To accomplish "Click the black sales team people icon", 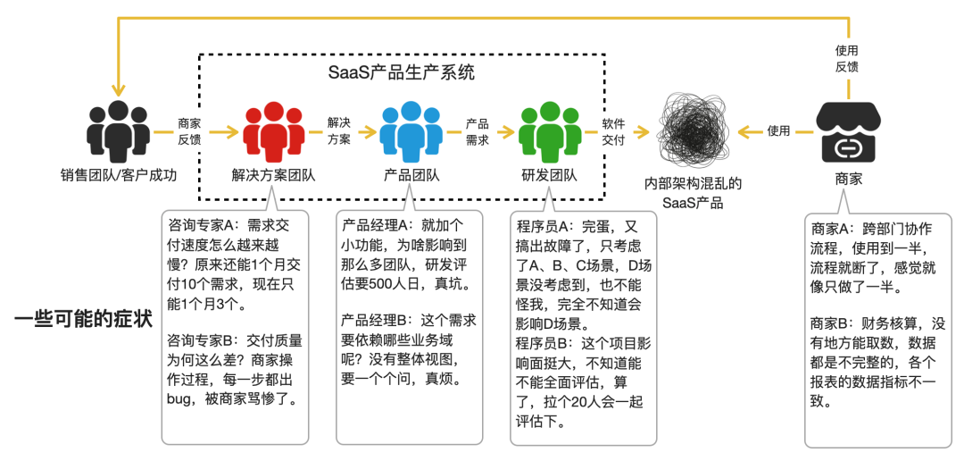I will coord(119,130).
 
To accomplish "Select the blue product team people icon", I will coord(411,130).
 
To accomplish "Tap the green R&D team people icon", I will coord(549,130).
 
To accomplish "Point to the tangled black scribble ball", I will coord(694,130).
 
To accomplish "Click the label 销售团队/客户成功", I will coord(119,175).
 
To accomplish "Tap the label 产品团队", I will coord(411,175).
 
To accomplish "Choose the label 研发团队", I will coord(549,175).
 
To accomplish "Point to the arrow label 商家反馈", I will coord(189,130).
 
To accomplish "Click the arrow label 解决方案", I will coord(339,130).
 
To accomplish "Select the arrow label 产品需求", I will coord(478,130).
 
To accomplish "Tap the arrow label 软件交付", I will coord(613,130).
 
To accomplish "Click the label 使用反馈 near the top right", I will coord(848,59).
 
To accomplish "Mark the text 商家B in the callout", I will coord(832,323).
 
